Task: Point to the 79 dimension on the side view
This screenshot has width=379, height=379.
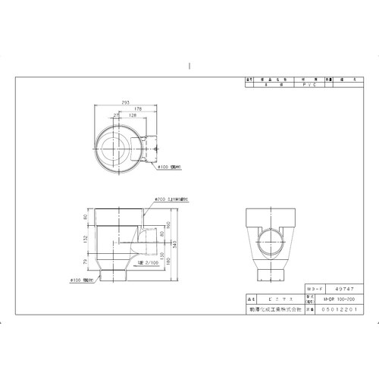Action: (85, 262)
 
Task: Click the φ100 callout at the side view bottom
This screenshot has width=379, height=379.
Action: (90, 280)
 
